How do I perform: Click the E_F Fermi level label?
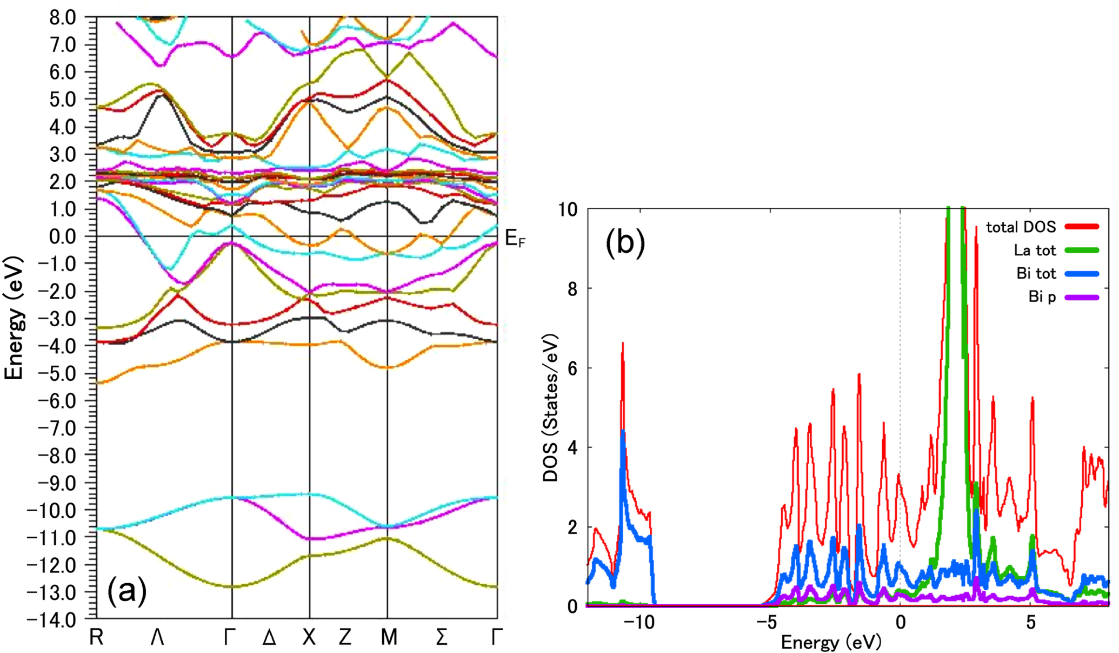[514, 239]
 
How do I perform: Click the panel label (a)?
[127, 591]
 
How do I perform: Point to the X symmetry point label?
[309, 638]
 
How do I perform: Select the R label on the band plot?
[96, 638]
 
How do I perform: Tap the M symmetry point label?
[389, 638]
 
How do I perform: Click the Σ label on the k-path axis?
[441, 638]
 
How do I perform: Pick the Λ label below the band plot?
[157, 638]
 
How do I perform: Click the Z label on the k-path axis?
[345, 638]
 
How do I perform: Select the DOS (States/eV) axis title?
[550, 408]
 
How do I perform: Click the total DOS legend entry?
[1021, 227]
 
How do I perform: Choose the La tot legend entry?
[1035, 250]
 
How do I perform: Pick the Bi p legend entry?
[1042, 297]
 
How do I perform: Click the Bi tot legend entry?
[1036, 274]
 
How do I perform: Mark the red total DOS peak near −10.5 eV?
[623, 344]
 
